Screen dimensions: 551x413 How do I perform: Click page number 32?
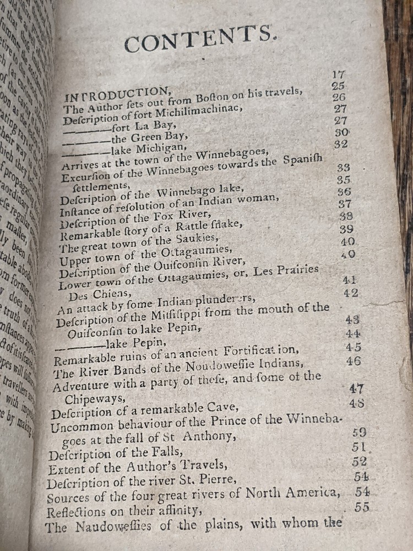pyautogui.click(x=341, y=144)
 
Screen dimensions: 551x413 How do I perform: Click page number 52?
pyautogui.click(x=360, y=462)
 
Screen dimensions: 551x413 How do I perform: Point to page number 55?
pyautogui.click(x=362, y=507)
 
